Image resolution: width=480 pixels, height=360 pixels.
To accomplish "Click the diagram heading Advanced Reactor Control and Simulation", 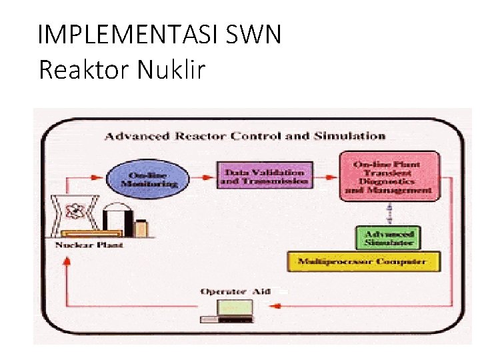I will click(245, 136).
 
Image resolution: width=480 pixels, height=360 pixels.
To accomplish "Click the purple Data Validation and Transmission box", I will click(264, 175).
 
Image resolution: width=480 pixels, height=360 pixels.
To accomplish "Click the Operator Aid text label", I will click(234, 291).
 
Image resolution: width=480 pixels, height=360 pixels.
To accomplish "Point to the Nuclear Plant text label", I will click(90, 245).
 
